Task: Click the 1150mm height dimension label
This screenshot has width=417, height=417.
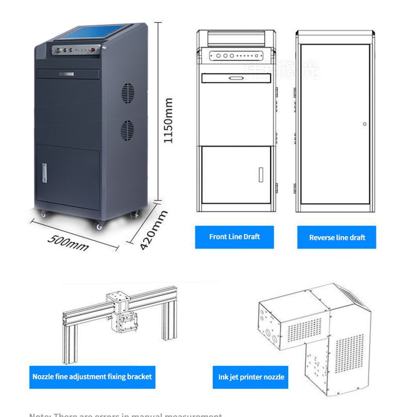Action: (168, 120)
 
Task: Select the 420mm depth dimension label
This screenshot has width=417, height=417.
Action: (154, 229)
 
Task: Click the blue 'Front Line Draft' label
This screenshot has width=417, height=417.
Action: (234, 237)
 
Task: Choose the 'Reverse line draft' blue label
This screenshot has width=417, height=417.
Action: (337, 238)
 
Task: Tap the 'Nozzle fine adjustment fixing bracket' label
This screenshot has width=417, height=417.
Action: (92, 376)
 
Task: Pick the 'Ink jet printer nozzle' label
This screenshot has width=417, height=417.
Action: (251, 377)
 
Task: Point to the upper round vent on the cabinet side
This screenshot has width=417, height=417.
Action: (128, 93)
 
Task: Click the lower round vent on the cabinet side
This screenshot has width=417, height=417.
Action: (128, 129)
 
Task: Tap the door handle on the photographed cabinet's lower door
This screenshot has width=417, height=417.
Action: (44, 170)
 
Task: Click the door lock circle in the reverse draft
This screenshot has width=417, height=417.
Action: (365, 124)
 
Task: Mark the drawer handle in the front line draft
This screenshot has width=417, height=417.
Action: (235, 78)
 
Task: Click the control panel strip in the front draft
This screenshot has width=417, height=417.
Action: (235, 55)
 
